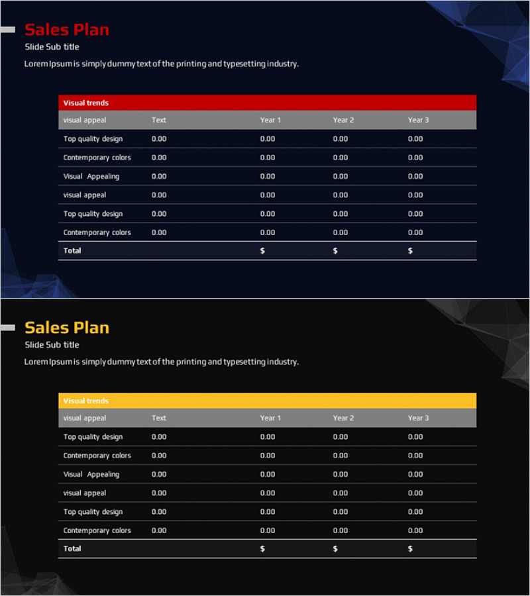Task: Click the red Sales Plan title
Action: point(66,30)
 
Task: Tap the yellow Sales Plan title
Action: point(66,328)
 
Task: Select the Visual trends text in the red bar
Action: point(86,103)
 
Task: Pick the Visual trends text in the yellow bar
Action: point(86,401)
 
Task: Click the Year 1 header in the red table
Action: point(270,121)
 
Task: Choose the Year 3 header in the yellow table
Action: point(418,419)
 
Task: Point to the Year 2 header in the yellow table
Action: point(343,419)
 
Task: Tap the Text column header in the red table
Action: point(159,121)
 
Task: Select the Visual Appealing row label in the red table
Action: point(91,177)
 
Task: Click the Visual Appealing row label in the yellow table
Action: point(91,475)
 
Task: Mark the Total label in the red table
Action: point(72,251)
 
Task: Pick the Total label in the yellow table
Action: point(72,549)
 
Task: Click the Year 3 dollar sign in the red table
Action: point(410,251)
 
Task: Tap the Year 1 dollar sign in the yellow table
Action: point(262,549)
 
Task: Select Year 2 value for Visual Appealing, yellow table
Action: point(341,475)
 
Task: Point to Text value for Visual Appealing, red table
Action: point(159,177)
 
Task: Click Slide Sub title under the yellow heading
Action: point(52,345)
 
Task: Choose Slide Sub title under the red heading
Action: point(52,47)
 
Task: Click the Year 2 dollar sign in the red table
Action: point(335,251)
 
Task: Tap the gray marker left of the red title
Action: point(7,30)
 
